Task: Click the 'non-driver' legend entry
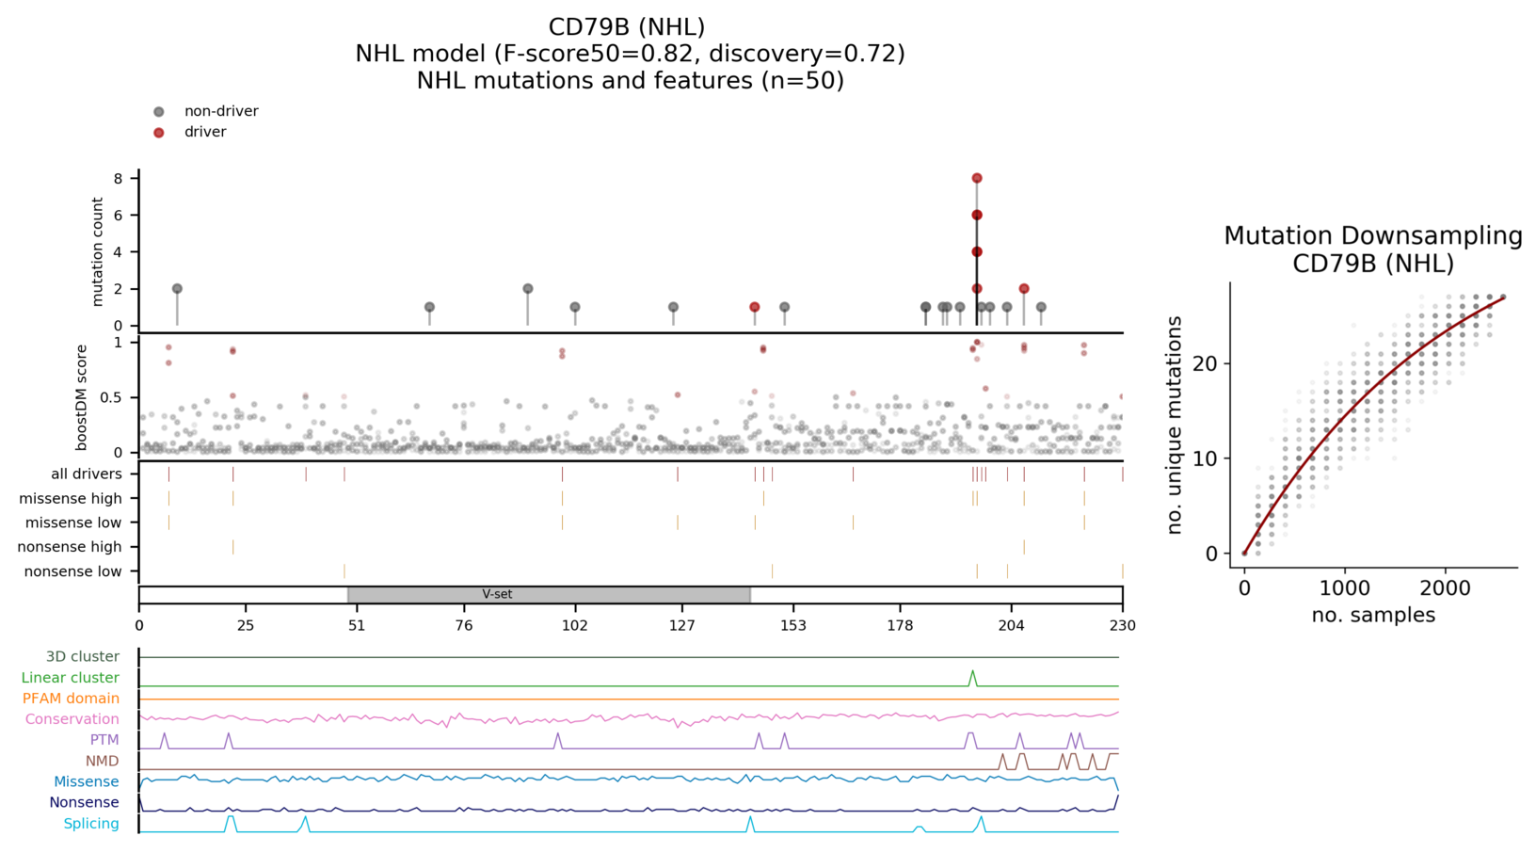[x=220, y=111]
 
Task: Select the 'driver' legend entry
[x=204, y=132]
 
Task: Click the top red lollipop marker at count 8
[x=977, y=178]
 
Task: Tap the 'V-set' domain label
[x=497, y=594]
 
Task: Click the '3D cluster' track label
[x=83, y=657]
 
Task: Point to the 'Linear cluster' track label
[x=71, y=678]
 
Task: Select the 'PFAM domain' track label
[x=71, y=699]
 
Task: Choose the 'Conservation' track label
[x=72, y=719]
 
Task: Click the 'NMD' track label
[x=103, y=761]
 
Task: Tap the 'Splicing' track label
[x=91, y=824]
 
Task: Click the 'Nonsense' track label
[x=84, y=803]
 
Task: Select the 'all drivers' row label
[x=87, y=474]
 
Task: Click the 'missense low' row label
[x=73, y=522]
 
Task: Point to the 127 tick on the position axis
[x=682, y=625]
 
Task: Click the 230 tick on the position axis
[x=1122, y=625]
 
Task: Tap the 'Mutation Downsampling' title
[x=1372, y=235]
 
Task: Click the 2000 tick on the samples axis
[x=1445, y=588]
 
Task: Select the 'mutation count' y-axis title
[x=98, y=251]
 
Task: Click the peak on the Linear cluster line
[x=973, y=671]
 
